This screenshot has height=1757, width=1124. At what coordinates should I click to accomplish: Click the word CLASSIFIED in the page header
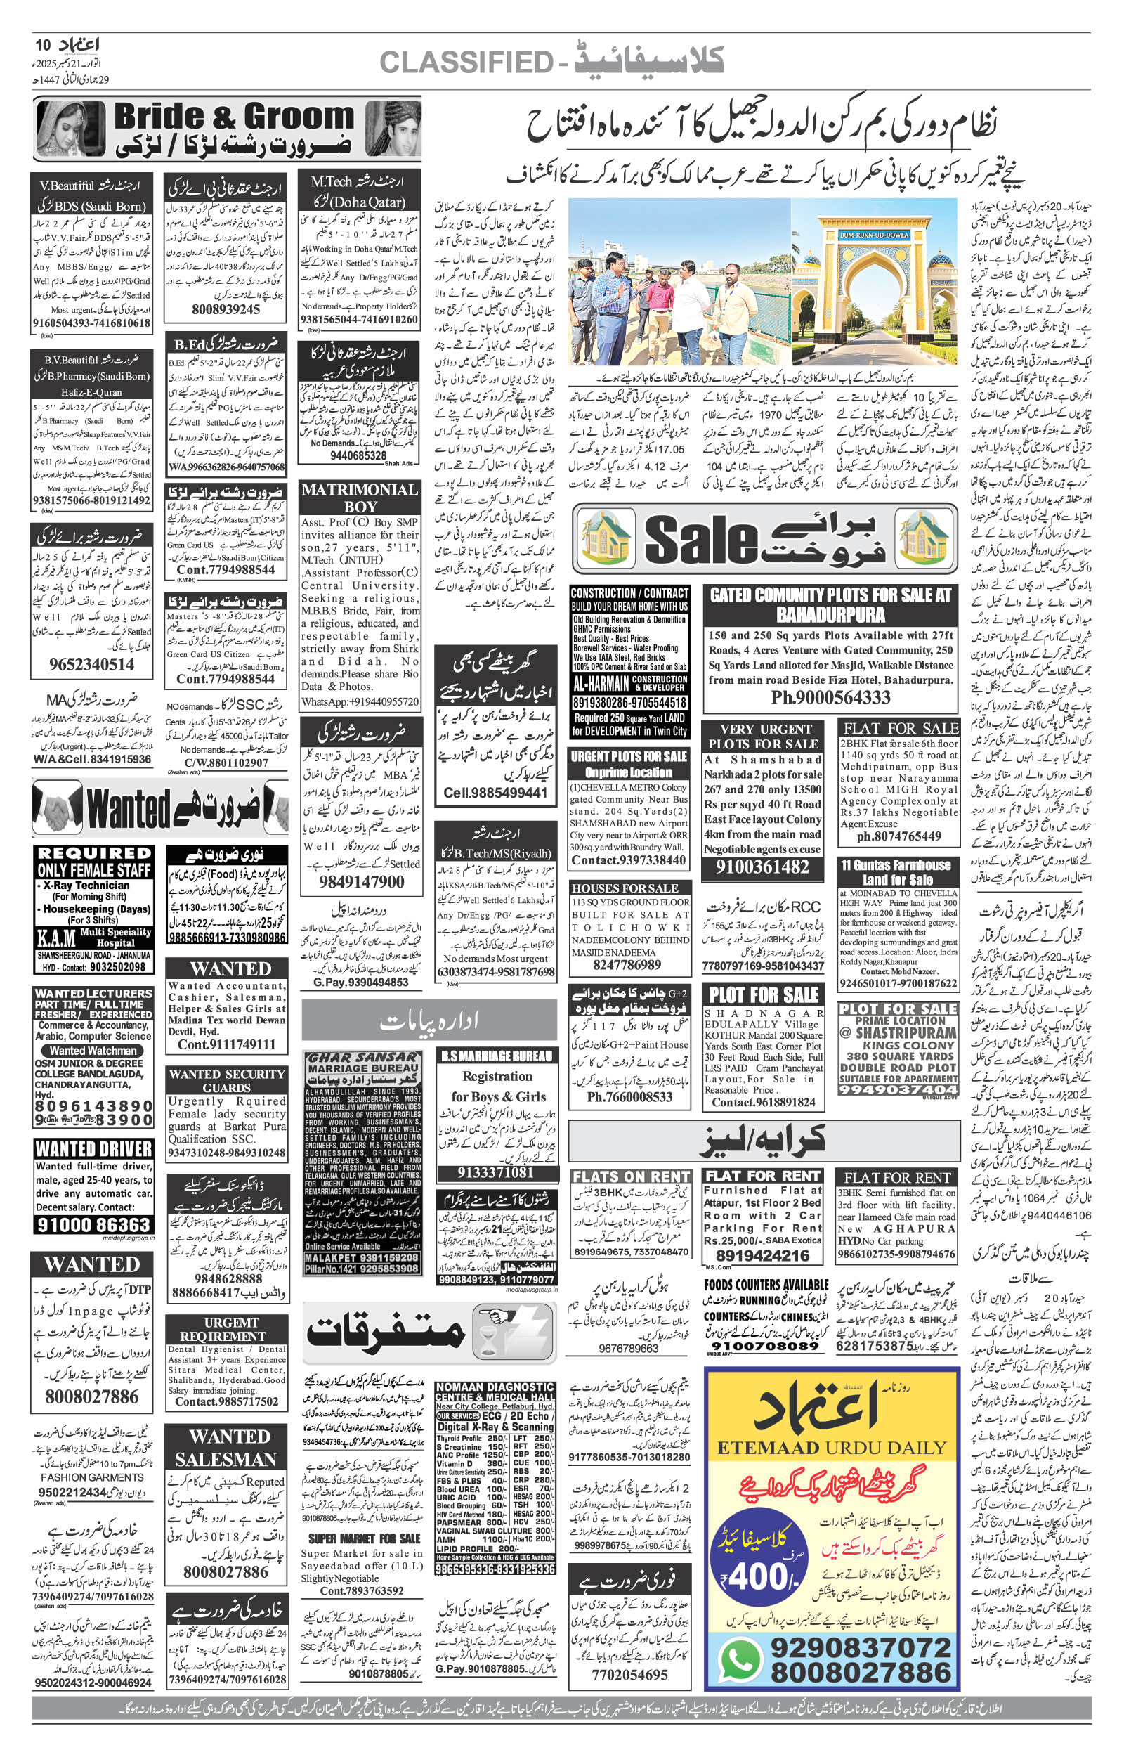(x=466, y=63)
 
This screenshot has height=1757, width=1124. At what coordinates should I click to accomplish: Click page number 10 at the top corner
(x=42, y=46)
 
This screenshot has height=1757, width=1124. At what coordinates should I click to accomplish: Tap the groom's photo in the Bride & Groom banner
(x=393, y=129)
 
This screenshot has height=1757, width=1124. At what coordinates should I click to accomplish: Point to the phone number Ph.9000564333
(x=830, y=698)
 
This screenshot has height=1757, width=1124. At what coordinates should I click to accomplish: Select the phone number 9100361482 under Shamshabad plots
(x=762, y=867)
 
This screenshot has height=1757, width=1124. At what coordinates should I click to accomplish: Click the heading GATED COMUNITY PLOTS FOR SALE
(x=830, y=604)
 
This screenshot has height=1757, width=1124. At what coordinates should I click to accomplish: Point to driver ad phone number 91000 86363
(x=93, y=1224)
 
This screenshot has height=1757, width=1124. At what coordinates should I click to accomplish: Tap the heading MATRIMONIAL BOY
(x=360, y=497)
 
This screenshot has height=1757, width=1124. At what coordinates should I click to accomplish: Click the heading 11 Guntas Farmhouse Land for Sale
(x=897, y=872)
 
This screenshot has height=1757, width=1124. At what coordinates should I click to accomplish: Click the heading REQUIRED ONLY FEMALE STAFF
(x=93, y=862)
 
